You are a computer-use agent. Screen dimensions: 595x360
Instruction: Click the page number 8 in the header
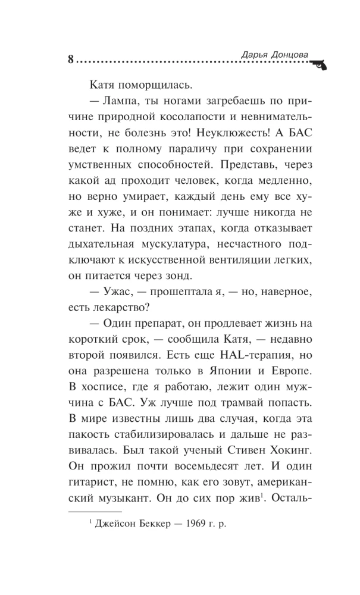(x=71, y=59)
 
